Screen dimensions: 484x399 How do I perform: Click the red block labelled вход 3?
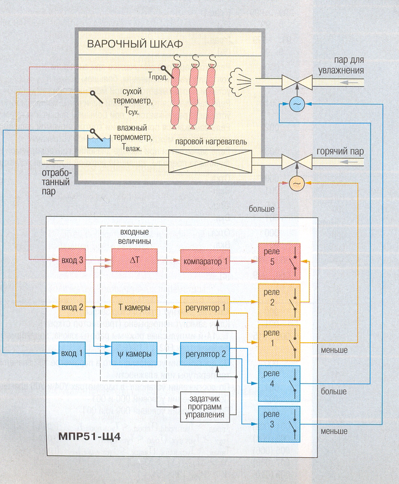(71, 260)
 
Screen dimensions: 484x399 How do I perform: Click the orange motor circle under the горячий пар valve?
(296, 183)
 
